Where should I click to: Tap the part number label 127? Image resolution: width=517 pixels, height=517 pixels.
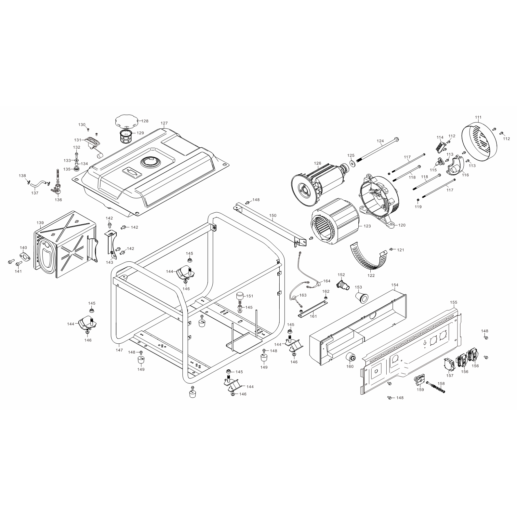164,123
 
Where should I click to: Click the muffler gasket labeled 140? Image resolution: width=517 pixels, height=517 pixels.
24,257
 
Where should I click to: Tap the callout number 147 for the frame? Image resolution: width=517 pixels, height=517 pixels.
119,350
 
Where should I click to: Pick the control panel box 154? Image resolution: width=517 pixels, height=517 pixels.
358,322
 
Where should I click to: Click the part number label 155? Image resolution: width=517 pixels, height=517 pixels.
454,302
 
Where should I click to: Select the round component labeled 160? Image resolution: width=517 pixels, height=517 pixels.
350,357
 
